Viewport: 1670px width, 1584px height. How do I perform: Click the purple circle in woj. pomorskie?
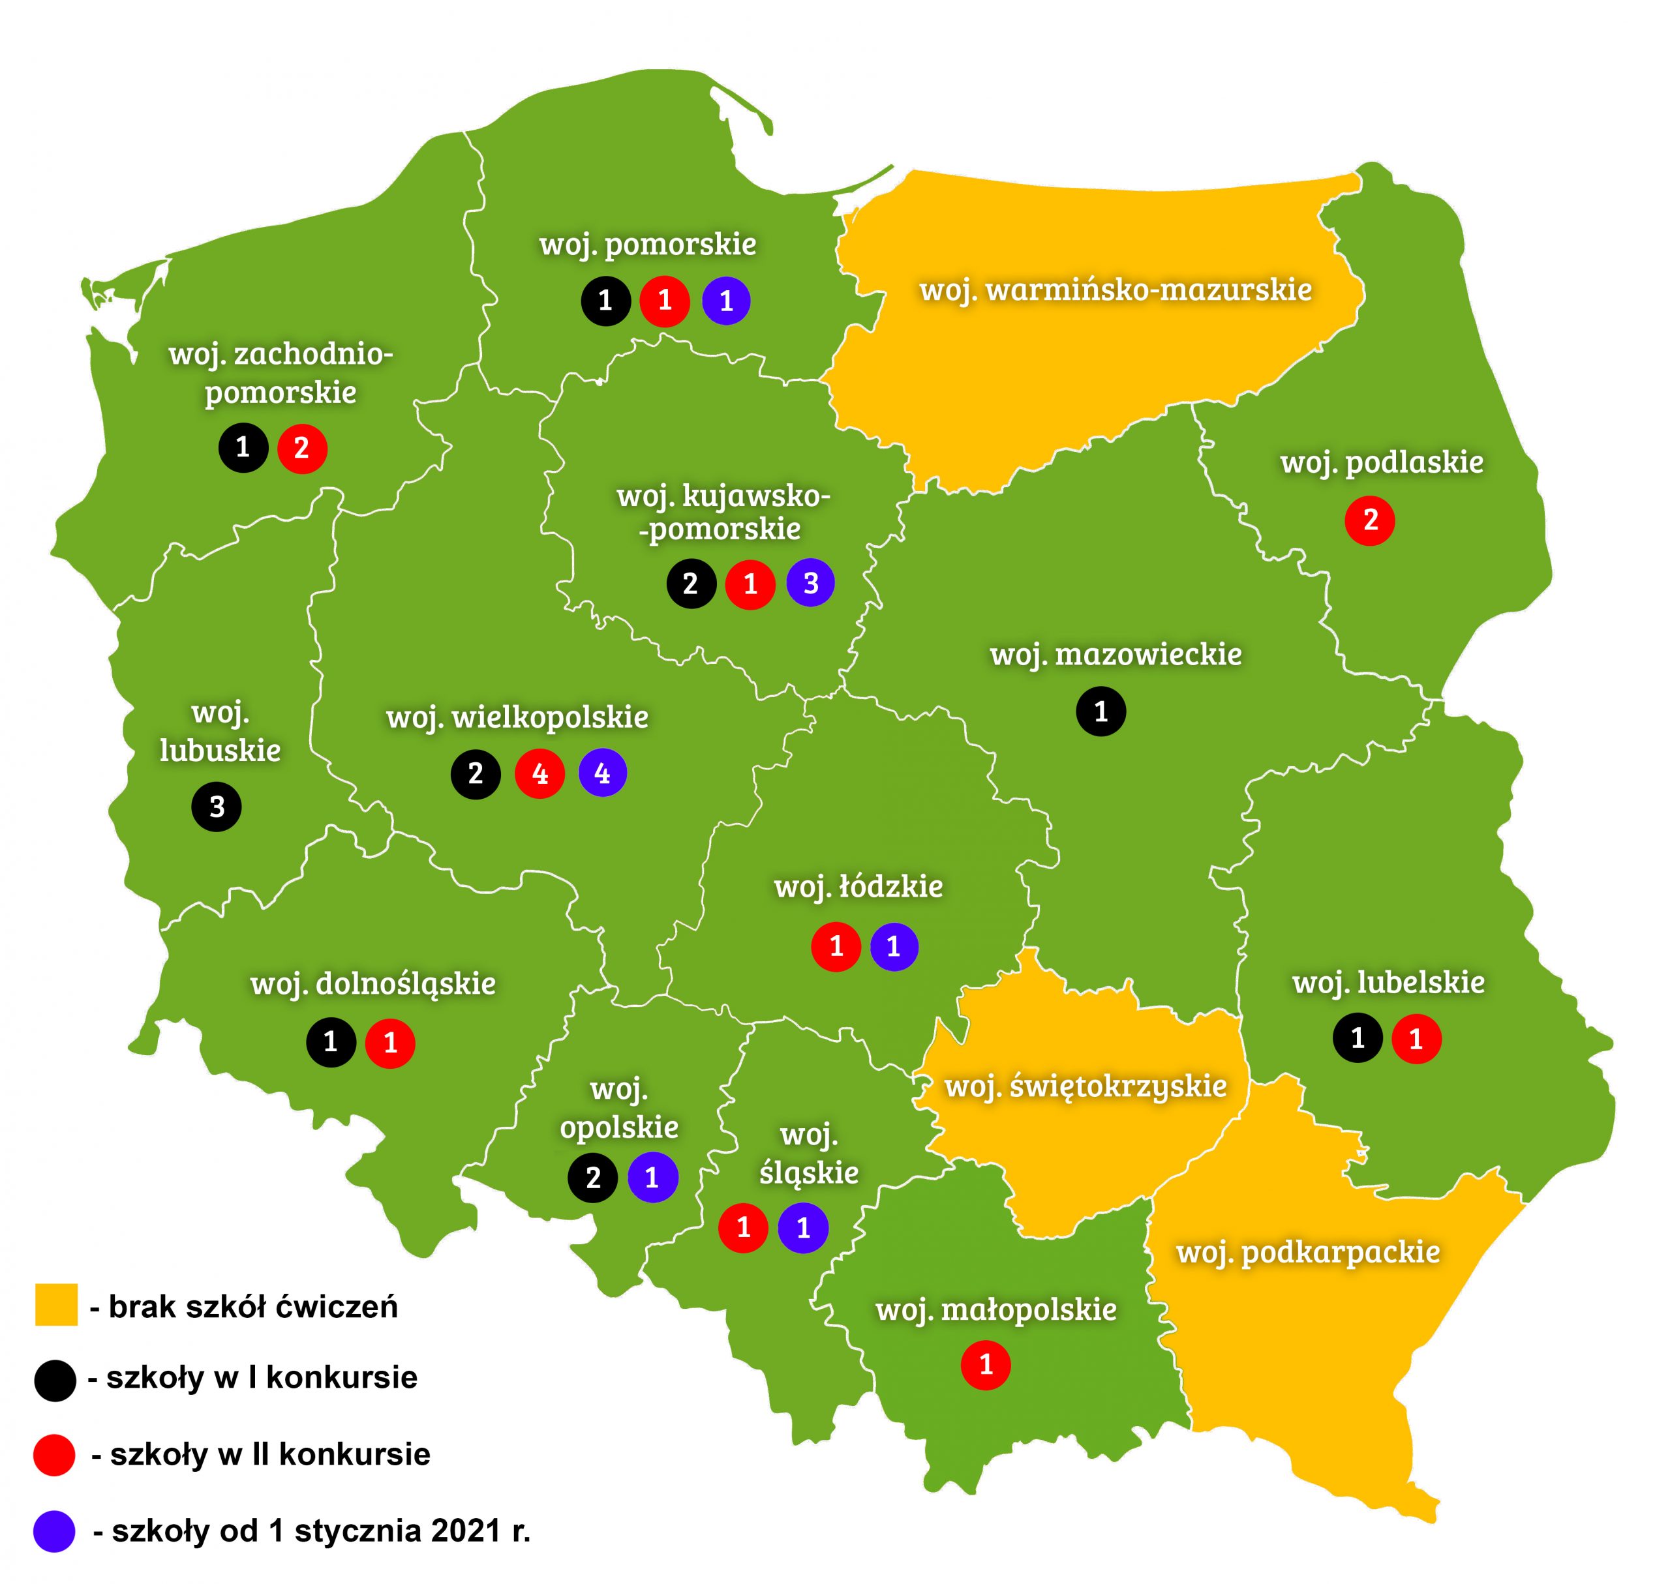[x=725, y=301]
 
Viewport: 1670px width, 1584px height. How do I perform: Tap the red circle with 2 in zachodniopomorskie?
[x=301, y=447]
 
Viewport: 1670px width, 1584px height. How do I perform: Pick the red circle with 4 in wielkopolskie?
[x=539, y=773]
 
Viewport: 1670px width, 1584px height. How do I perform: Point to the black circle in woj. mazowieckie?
[x=1100, y=711]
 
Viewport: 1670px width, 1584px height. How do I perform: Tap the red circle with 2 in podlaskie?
[x=1369, y=520]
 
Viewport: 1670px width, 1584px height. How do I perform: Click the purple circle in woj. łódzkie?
[x=894, y=946]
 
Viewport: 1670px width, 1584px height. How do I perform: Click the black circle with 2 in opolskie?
[x=593, y=1177]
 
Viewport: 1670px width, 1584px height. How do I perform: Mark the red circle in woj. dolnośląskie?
[x=390, y=1043]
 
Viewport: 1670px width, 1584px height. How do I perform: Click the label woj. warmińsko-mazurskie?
[x=1115, y=290]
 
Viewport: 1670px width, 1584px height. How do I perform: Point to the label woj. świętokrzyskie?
[x=1085, y=1086]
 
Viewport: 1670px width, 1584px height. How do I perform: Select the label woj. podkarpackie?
[x=1307, y=1252]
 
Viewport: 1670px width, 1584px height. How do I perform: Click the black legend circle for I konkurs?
[x=55, y=1381]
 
